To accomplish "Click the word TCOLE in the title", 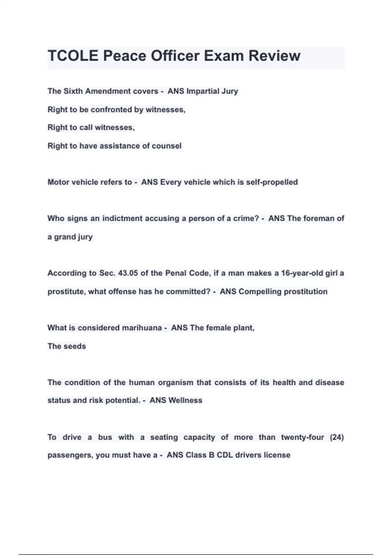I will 73,56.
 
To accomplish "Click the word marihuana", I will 142,328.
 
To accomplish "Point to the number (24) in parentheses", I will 337,437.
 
